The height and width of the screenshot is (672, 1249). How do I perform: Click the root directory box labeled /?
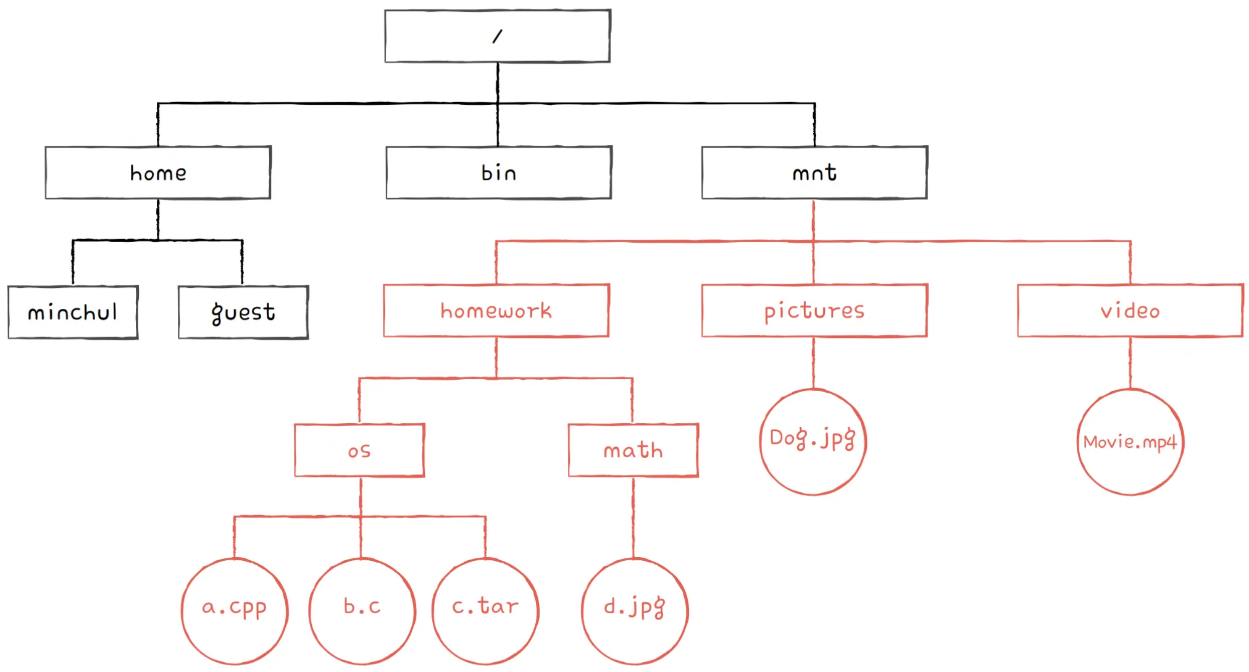(498, 36)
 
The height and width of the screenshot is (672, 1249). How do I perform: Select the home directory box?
(158, 172)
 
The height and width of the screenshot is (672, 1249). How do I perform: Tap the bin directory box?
(499, 172)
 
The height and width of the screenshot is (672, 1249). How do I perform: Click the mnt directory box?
(814, 172)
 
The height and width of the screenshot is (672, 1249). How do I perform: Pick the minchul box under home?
(73, 312)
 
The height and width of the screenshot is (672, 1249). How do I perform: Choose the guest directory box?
(243, 312)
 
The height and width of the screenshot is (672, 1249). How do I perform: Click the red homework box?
(496, 310)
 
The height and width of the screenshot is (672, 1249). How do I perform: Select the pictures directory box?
(814, 310)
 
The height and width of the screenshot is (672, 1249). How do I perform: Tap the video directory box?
(1130, 310)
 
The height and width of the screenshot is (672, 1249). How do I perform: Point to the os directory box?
(359, 450)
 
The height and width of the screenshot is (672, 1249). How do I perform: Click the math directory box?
(633, 450)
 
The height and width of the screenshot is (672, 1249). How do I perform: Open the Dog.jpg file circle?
(813, 441)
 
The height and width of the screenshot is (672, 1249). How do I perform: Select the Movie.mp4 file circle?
(1130, 441)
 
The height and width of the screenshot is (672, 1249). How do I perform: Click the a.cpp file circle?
(235, 611)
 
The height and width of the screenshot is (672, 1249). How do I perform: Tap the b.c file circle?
(362, 611)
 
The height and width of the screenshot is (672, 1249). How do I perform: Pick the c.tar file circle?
(485, 611)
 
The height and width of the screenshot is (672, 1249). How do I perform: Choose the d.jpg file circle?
(635, 611)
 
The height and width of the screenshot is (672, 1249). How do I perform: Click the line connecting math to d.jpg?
(633, 518)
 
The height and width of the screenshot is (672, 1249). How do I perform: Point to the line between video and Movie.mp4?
(1130, 363)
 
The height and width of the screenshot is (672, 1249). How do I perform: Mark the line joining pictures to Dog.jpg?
(813, 363)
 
